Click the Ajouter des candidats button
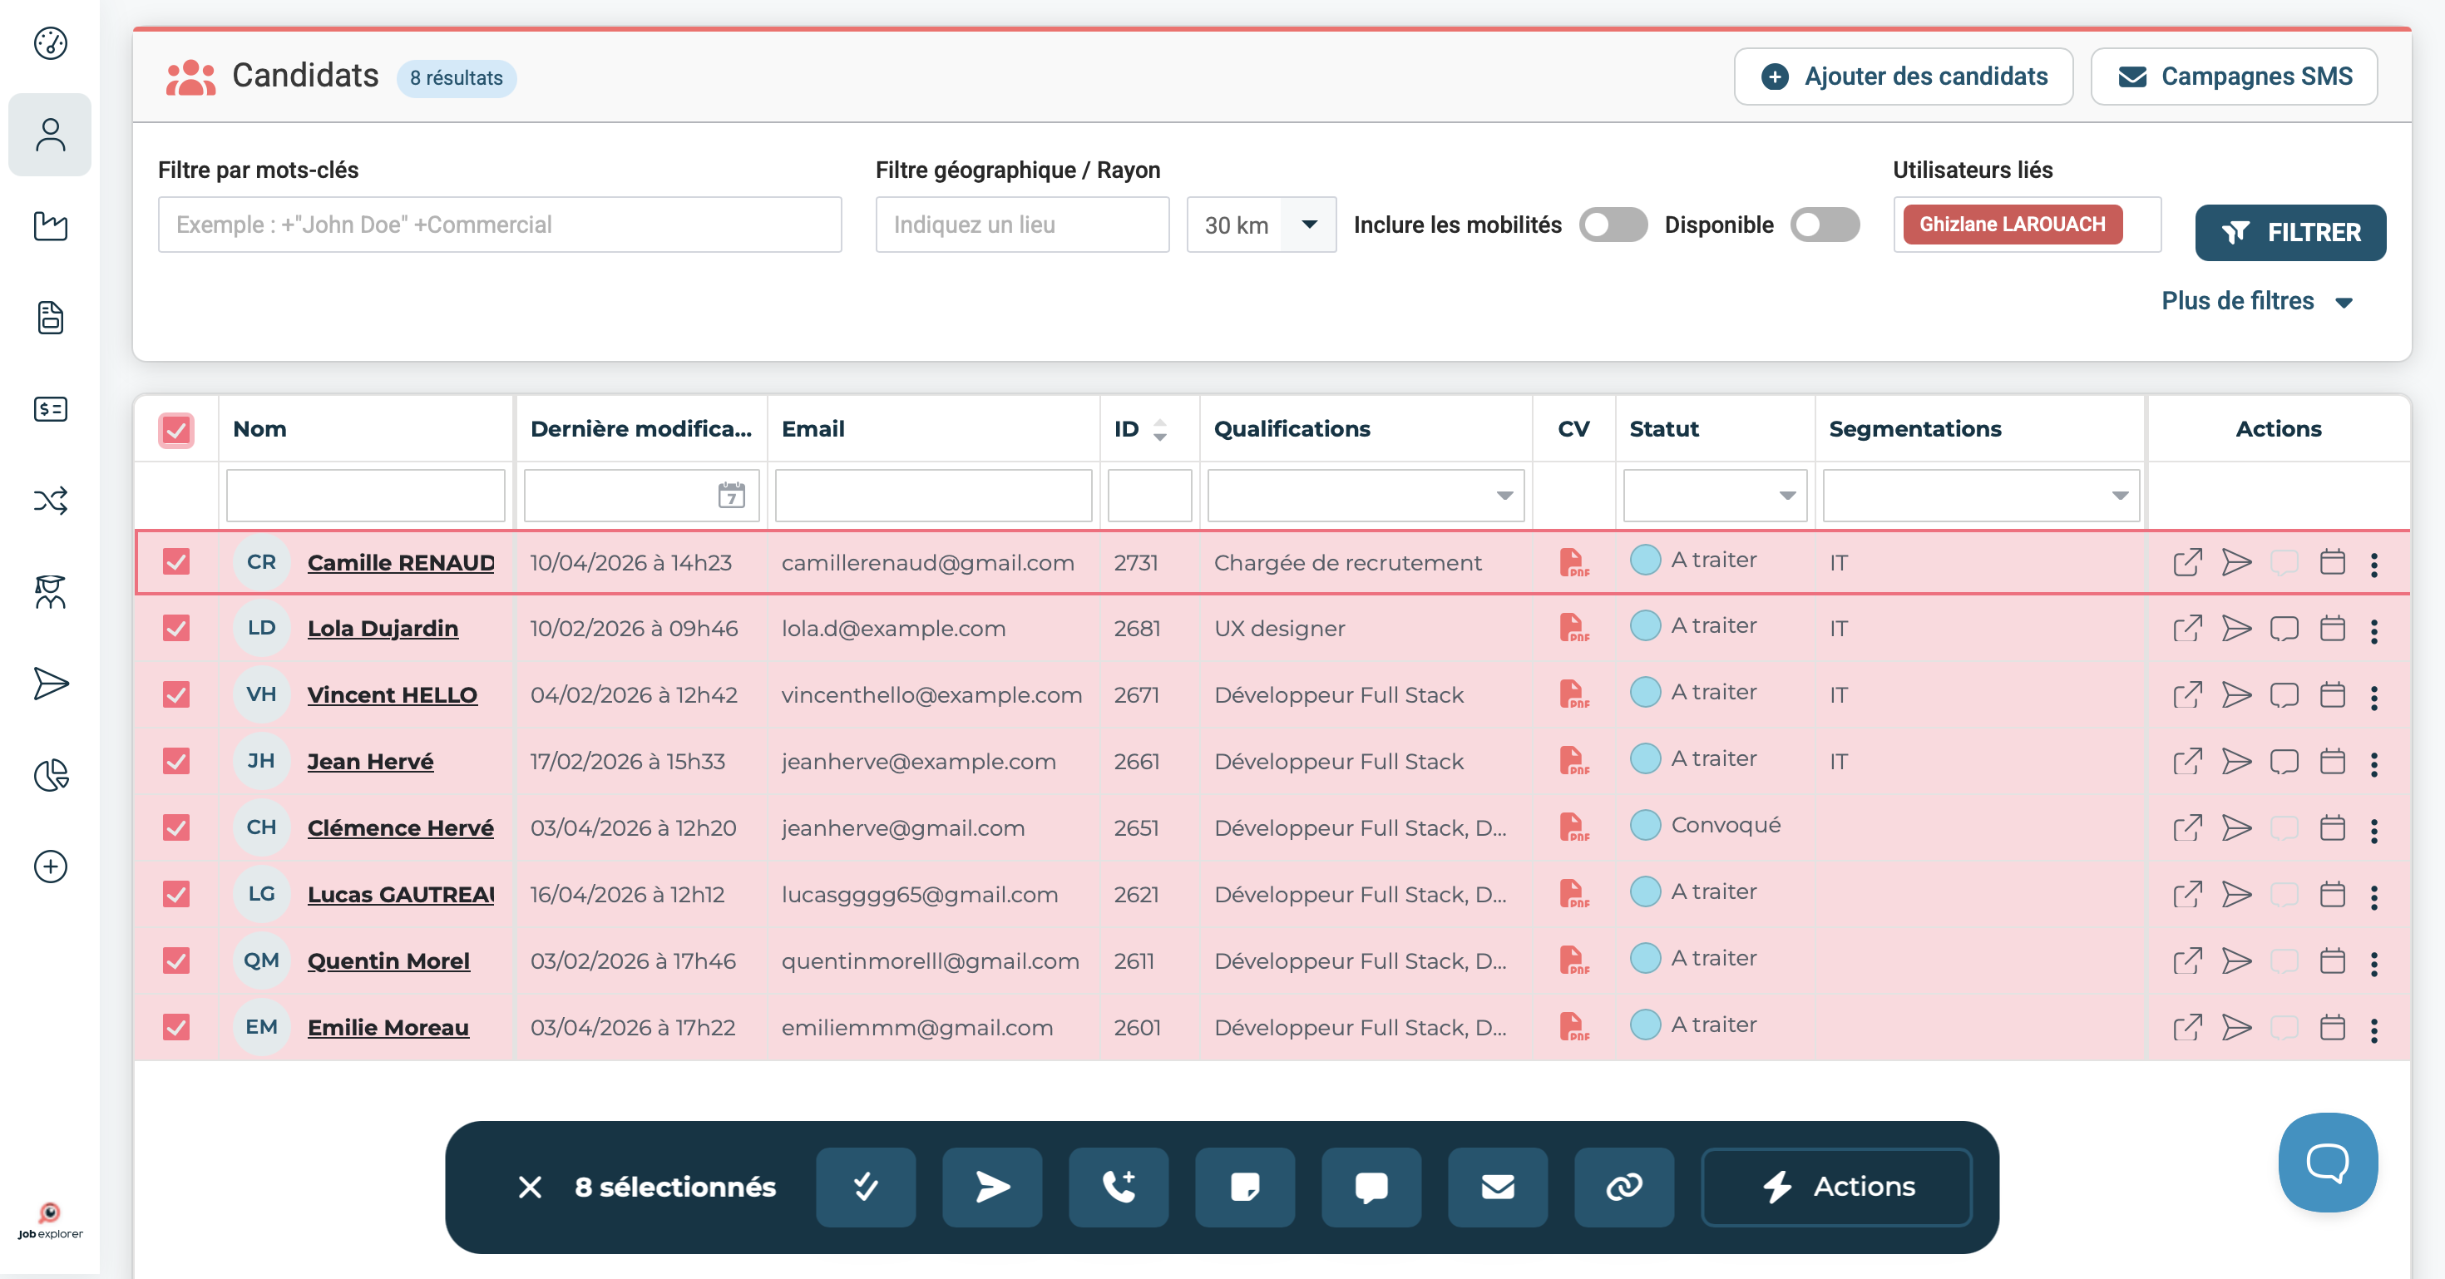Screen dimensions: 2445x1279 pos(1903,77)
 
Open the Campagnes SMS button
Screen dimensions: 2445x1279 pos(2235,77)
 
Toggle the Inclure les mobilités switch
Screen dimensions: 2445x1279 pos(1613,225)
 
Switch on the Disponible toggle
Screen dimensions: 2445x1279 pos(1825,225)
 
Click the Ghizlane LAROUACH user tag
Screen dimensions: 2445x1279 pos(2013,225)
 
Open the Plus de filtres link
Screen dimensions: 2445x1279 pos(2256,301)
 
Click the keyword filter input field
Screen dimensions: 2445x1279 pos(499,225)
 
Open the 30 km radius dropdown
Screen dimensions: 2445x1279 pos(1261,225)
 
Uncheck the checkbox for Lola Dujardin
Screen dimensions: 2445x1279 pos(175,628)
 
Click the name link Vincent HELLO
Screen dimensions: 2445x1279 pos(392,694)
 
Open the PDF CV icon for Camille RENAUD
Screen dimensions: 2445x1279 pos(1573,563)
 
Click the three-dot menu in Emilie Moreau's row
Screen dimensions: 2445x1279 pos(2373,1030)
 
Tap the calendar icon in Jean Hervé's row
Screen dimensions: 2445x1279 pos(2332,761)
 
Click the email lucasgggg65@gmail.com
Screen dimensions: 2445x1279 pos(919,895)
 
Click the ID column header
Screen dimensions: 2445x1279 pos(1127,429)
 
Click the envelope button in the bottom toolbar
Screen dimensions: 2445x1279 pos(1498,1187)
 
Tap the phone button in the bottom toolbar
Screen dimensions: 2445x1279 pos(1118,1187)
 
